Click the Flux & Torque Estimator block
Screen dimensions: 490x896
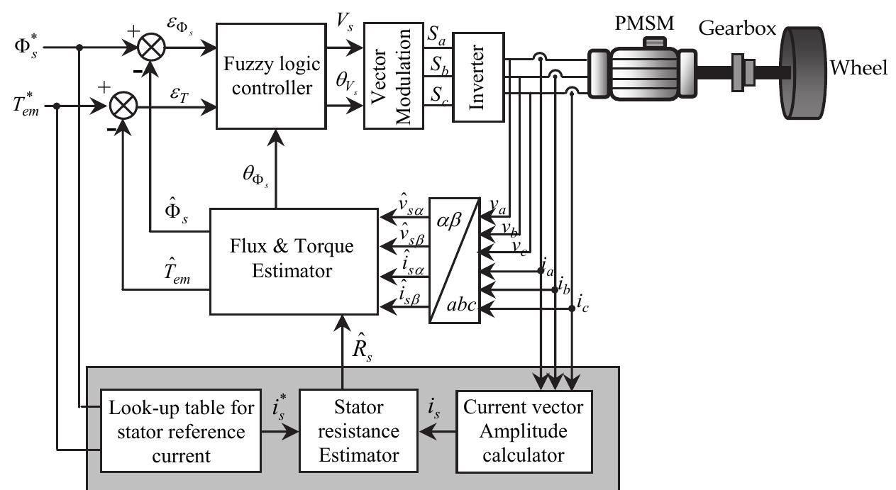[x=292, y=260]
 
